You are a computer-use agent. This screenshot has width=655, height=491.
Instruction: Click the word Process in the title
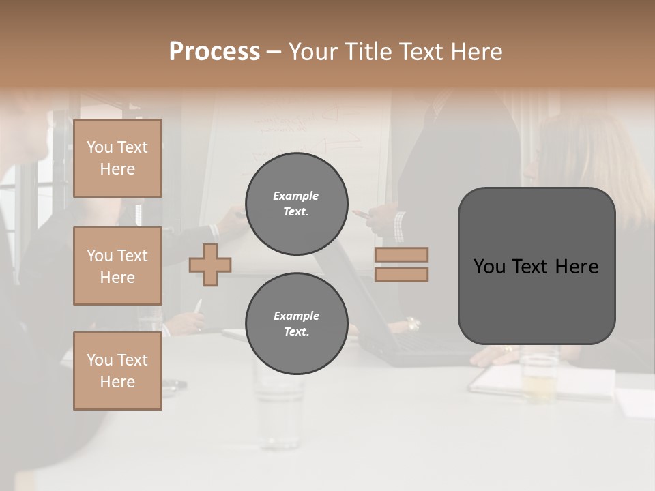(x=214, y=52)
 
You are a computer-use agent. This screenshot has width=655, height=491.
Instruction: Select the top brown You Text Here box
(x=117, y=158)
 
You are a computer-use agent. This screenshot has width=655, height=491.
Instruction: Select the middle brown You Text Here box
(x=117, y=266)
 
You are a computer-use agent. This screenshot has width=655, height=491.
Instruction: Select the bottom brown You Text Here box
(x=117, y=371)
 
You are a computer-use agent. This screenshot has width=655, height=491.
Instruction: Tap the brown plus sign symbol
(x=210, y=265)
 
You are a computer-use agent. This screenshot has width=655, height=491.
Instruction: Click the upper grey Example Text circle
(x=297, y=204)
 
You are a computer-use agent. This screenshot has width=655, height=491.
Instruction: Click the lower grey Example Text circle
(x=297, y=323)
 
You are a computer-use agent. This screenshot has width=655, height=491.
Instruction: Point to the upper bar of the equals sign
(x=401, y=254)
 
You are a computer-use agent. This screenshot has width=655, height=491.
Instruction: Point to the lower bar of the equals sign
(x=401, y=274)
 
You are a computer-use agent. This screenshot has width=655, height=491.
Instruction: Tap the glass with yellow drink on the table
(x=539, y=378)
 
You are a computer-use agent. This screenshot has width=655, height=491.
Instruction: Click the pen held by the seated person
(x=198, y=307)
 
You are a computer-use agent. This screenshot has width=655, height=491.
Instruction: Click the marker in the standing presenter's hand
(x=362, y=214)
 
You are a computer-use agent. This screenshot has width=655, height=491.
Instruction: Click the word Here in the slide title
(x=477, y=52)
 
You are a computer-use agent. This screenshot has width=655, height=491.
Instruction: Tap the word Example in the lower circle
(x=296, y=316)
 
